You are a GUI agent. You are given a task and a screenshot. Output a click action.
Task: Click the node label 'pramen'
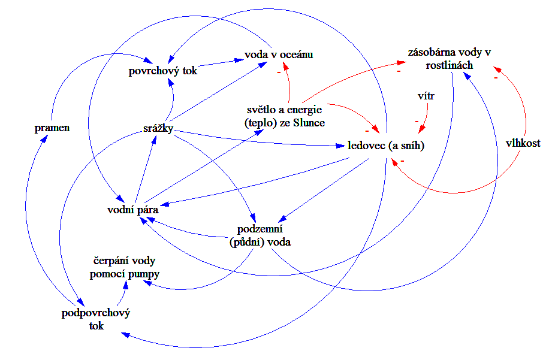[52, 128]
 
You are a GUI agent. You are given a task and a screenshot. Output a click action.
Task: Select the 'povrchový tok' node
[163, 71]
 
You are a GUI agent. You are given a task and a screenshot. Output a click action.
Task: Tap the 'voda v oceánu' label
[279, 55]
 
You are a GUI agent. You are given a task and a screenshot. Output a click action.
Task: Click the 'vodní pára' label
[128, 210]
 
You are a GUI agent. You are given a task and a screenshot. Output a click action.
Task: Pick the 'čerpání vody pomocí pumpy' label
[126, 268]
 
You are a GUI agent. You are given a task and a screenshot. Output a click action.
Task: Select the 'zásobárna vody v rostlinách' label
[450, 59]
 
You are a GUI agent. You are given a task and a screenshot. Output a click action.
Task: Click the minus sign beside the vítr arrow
[417, 122]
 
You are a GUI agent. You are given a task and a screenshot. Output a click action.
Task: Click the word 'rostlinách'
[450, 65]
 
